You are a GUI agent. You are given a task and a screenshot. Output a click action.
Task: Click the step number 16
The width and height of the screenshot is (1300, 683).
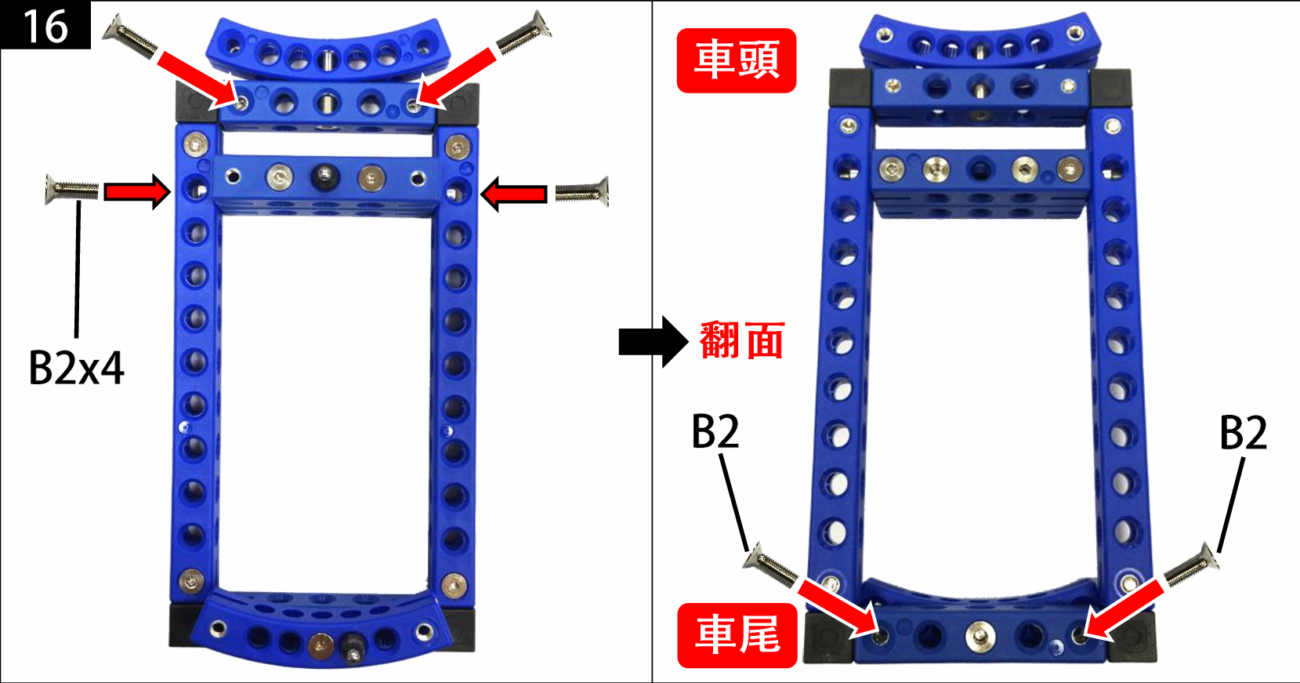(45, 26)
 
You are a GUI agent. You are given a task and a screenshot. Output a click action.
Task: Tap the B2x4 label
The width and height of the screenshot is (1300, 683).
(76, 369)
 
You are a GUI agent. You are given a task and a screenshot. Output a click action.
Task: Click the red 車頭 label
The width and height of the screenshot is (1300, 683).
(737, 60)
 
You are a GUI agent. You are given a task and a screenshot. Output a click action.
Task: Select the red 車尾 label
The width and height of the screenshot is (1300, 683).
(737, 635)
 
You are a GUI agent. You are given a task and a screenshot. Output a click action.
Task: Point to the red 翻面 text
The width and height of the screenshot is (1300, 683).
(742, 340)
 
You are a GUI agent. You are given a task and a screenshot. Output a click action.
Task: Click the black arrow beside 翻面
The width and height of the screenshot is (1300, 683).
(654, 342)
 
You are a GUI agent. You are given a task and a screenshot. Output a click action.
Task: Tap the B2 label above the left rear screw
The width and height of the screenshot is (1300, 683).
(715, 431)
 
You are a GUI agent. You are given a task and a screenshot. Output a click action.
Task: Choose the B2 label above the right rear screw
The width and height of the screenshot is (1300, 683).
(1243, 434)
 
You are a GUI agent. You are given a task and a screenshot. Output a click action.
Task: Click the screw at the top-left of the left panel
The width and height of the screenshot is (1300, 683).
(130, 36)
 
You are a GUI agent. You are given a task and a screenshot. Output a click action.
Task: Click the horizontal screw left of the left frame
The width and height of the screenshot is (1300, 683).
(72, 189)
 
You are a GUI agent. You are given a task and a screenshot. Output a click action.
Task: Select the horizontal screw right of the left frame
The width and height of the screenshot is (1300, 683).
(582, 191)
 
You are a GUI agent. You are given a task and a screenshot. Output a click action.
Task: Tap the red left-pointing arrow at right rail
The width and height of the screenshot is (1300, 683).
(513, 194)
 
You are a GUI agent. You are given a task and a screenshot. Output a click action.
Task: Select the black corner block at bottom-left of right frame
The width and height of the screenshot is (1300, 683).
(829, 638)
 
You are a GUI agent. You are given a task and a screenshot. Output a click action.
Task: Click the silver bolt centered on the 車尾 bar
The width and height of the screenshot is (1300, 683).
(980, 635)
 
